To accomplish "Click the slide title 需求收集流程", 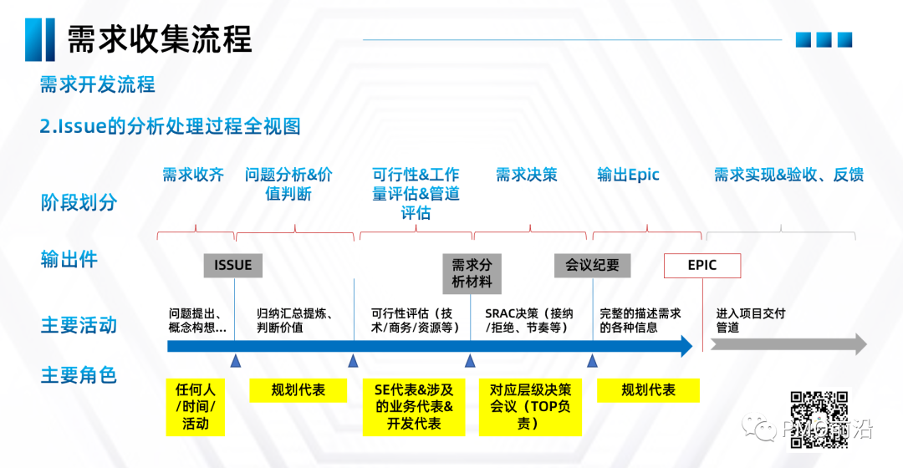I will click(x=159, y=38).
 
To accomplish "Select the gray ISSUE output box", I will click(x=232, y=265).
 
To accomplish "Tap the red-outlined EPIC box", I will click(x=702, y=265).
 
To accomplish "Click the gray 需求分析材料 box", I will click(x=472, y=272).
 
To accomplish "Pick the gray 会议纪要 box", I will click(x=592, y=265).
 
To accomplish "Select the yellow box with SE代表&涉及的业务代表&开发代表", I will click(x=414, y=406).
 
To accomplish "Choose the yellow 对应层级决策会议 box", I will click(x=530, y=406).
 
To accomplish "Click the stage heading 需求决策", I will click(x=526, y=175).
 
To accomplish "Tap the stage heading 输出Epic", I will click(x=628, y=175).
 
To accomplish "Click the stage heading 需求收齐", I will click(x=193, y=175).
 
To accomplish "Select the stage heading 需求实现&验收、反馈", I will click(x=788, y=175).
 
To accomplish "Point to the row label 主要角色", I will click(x=79, y=375).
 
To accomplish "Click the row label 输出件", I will click(x=69, y=259).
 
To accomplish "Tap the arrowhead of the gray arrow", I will click(x=858, y=343).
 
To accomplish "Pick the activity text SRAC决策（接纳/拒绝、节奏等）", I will click(x=529, y=320).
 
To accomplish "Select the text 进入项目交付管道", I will click(x=750, y=320).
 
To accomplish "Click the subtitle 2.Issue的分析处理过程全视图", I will click(x=170, y=126).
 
